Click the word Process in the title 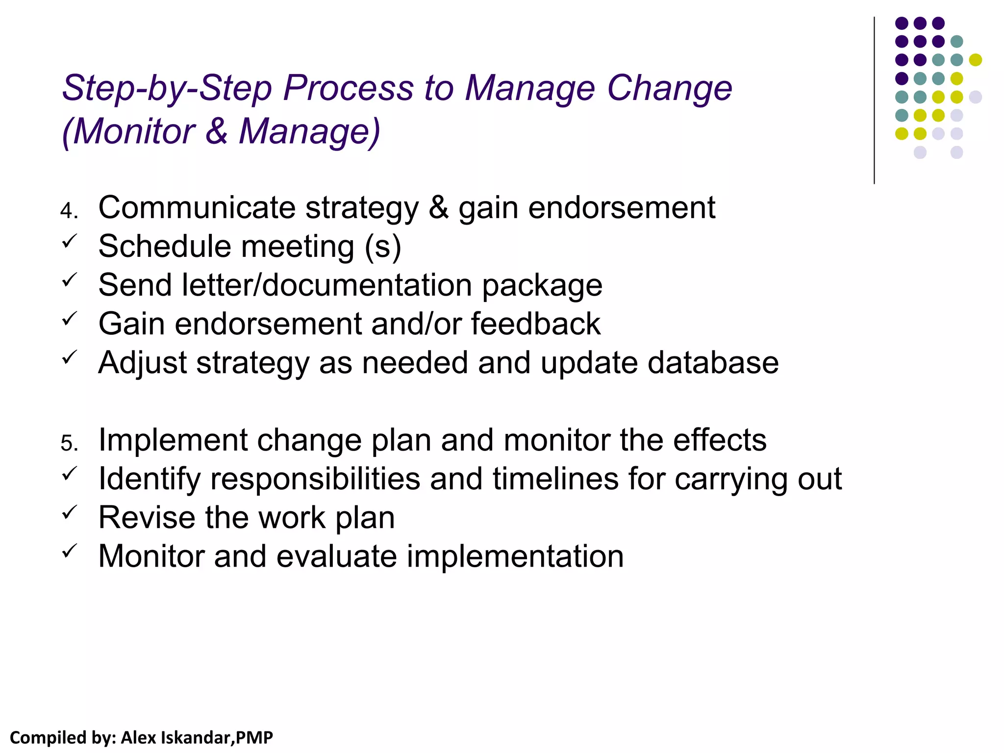[348, 88]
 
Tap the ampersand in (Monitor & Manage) [217, 131]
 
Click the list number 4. [68, 211]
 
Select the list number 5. [68, 443]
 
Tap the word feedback [536, 324]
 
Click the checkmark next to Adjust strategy [69, 357]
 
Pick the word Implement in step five [173, 440]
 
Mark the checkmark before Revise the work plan [69, 512]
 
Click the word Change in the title [669, 88]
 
